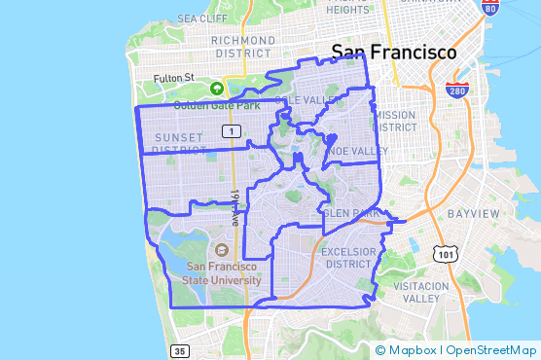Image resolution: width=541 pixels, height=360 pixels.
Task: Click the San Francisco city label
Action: [x=393, y=52]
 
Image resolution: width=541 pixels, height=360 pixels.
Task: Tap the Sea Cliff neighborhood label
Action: [x=202, y=18]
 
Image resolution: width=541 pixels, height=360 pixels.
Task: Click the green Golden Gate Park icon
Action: [x=216, y=88]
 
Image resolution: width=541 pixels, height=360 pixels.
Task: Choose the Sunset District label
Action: [x=179, y=144]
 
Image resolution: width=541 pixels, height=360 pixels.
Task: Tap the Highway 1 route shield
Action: [x=231, y=129]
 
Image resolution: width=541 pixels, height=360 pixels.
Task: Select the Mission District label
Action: [x=394, y=121]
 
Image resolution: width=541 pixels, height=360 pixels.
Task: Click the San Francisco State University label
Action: [x=223, y=273]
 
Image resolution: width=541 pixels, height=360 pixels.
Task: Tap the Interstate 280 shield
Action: [x=456, y=90]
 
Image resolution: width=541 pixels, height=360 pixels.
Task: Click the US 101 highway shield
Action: [x=447, y=254]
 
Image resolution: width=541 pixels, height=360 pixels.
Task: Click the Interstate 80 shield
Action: [x=490, y=9]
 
